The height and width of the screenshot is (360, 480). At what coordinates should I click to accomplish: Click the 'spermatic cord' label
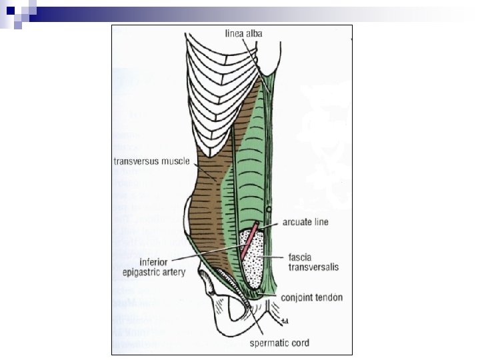pyautogui.click(x=279, y=344)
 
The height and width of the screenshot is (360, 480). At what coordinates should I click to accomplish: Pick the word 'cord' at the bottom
pyautogui.click(x=299, y=344)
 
